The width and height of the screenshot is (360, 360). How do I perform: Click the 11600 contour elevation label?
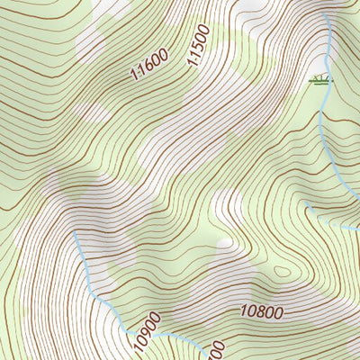pos(148,66)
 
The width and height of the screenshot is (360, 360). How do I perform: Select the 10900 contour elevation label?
pos(145,331)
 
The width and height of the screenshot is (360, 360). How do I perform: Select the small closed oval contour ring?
pos(283,270)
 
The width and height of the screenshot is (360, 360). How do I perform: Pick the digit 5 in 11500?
pos(197,49)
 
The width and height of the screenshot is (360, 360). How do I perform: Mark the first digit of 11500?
pos(192,64)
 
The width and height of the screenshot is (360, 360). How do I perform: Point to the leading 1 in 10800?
pos(244,315)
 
